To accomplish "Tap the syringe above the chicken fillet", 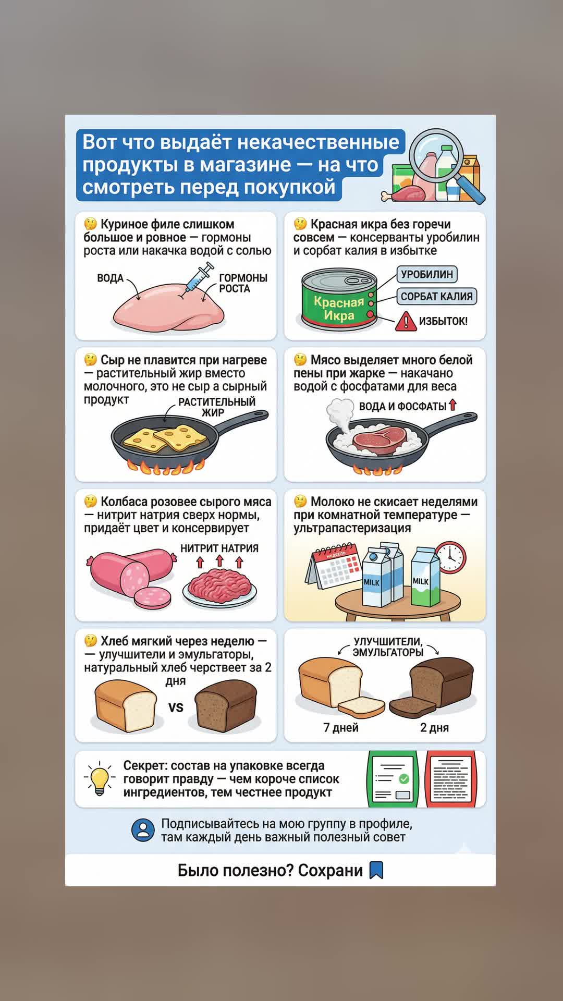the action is coord(200,276).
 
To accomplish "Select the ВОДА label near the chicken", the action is coord(110,278).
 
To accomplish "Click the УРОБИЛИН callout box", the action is coord(427,274).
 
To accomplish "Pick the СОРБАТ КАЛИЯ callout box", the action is coord(436,296).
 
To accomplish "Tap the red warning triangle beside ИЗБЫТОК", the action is coord(405,321).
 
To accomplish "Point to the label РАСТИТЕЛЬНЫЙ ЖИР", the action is coord(217,407).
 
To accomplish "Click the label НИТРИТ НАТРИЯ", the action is coord(219,548).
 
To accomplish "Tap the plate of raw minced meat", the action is coord(219,588).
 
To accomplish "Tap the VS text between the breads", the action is coord(176,707).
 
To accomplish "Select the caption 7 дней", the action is coord(341,727).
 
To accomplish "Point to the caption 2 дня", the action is coord(434,727).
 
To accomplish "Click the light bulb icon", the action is coord(99,778).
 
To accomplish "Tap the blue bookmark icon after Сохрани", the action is coord(376,870).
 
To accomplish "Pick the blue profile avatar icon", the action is coord(143,830).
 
